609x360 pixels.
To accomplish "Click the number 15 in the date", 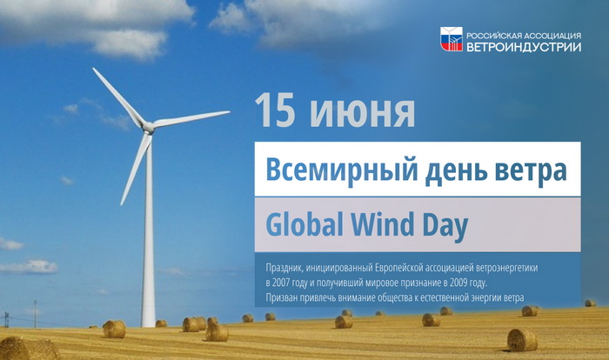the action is pyautogui.click(x=276, y=110).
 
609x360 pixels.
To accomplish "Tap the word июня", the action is pyautogui.click(x=363, y=114).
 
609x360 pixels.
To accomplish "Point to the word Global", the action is pyautogui.click(x=304, y=224).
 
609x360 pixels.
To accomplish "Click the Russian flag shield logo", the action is pyautogui.click(x=452, y=39).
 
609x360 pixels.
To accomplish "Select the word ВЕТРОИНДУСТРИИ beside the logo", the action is pyautogui.click(x=524, y=47).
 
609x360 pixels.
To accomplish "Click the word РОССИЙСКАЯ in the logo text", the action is pyautogui.click(x=493, y=36).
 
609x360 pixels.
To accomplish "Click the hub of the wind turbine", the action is pyautogui.click(x=148, y=127).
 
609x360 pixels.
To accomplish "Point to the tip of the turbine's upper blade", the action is pyautogui.click(x=94, y=69).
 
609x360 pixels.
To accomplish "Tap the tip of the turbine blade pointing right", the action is pyautogui.click(x=229, y=112).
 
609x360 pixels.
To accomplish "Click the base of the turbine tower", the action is pyautogui.click(x=149, y=324).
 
